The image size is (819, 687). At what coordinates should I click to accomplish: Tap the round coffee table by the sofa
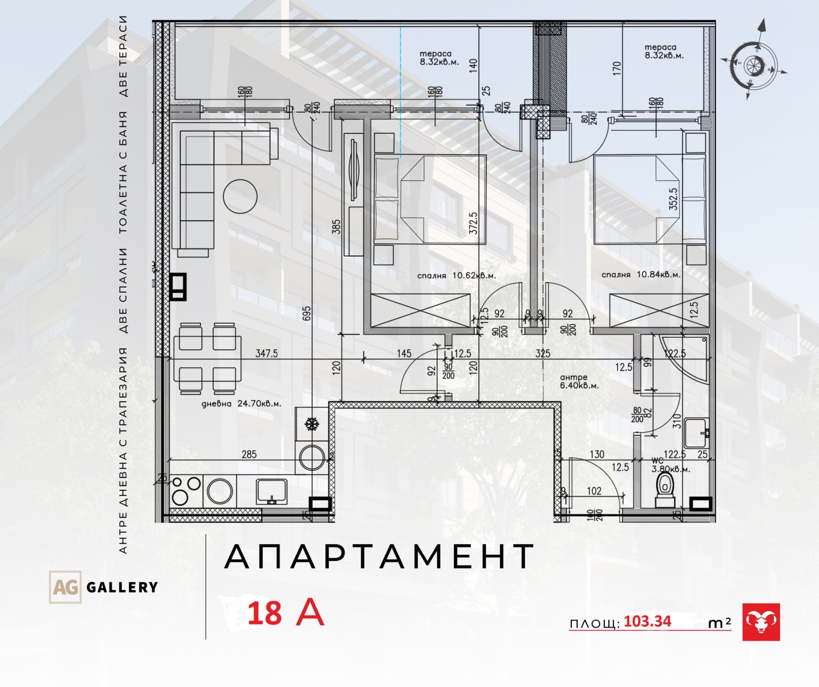pos(240,196)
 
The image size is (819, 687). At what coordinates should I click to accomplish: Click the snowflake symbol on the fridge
pos(311,424)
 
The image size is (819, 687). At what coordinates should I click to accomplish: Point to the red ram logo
pos(761,622)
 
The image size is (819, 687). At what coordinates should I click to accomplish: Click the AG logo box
pos(65,587)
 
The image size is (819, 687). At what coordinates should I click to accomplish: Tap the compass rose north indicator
pos(762,28)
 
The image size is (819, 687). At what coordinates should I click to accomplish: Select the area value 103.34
pos(648,621)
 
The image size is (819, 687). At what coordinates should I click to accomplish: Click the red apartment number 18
pos(265,613)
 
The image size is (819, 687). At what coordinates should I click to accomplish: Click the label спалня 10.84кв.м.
pos(641,275)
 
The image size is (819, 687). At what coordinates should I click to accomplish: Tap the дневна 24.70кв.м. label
pos(241,403)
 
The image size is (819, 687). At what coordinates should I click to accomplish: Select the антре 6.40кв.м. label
pos(579,382)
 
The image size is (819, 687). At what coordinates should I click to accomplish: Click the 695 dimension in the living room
pos(307,313)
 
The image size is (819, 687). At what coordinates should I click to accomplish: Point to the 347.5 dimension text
pos(266,353)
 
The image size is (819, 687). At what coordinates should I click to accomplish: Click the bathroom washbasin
pos(696,433)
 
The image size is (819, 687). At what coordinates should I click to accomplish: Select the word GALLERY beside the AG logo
pos(122,587)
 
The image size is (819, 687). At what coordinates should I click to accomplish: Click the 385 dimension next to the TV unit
pos(336,226)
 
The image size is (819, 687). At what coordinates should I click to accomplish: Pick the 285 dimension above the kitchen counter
pos(249,454)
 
